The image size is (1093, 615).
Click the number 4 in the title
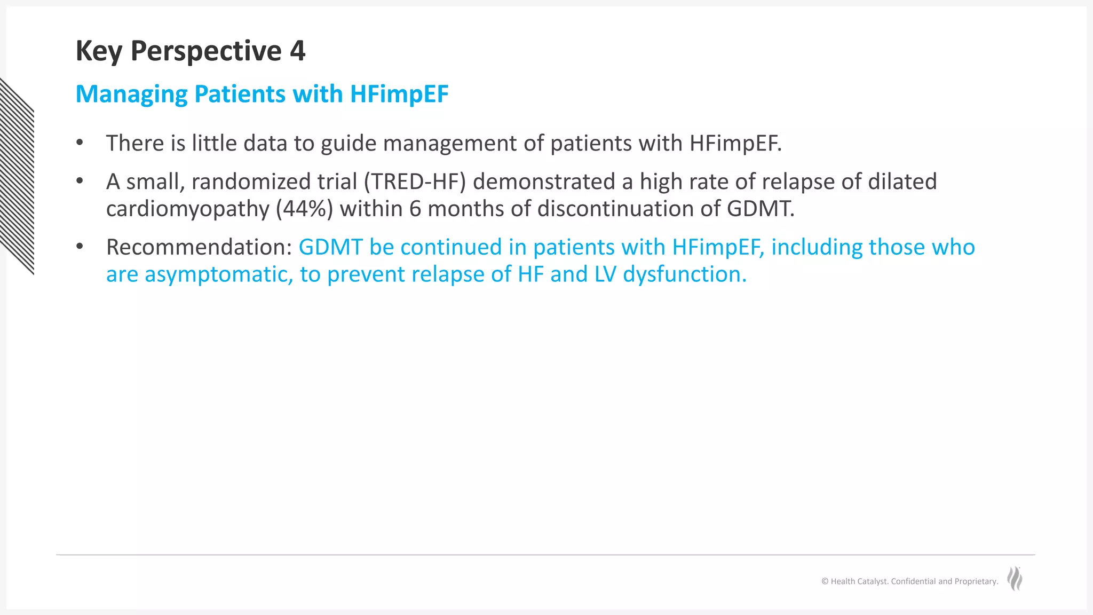[x=297, y=51]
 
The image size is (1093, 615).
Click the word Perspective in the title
[x=205, y=51]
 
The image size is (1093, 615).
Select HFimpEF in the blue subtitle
[x=399, y=94]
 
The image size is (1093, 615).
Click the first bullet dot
[x=80, y=143]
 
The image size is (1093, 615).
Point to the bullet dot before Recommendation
[x=80, y=247]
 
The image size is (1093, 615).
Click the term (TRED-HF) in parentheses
[x=415, y=182]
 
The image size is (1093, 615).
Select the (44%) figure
[x=304, y=209]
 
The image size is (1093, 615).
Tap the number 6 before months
[x=415, y=209]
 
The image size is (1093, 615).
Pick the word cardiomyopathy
[x=187, y=209]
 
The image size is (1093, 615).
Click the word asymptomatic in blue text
[x=219, y=274]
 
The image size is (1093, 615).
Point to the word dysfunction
[x=684, y=274]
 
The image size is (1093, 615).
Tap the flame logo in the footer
[x=1015, y=579]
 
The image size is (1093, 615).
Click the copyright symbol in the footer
[x=825, y=581]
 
